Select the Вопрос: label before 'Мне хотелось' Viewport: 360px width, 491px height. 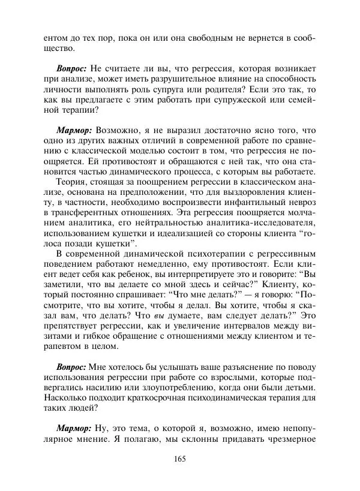pyautogui.click(x=73, y=366)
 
